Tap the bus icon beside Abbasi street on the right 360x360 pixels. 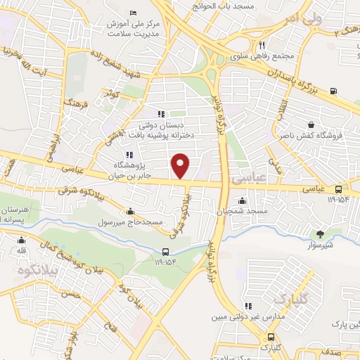tap(339, 189)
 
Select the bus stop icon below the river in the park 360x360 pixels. tap(165, 252)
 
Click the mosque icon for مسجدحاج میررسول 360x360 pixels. tap(131, 212)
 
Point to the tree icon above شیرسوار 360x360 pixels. tap(321, 234)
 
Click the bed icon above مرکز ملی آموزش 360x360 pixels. tap(134, 14)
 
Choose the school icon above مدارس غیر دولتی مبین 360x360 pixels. tap(247, 306)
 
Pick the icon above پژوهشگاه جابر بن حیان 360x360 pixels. tap(129, 155)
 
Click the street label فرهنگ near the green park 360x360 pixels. tap(72, 105)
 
